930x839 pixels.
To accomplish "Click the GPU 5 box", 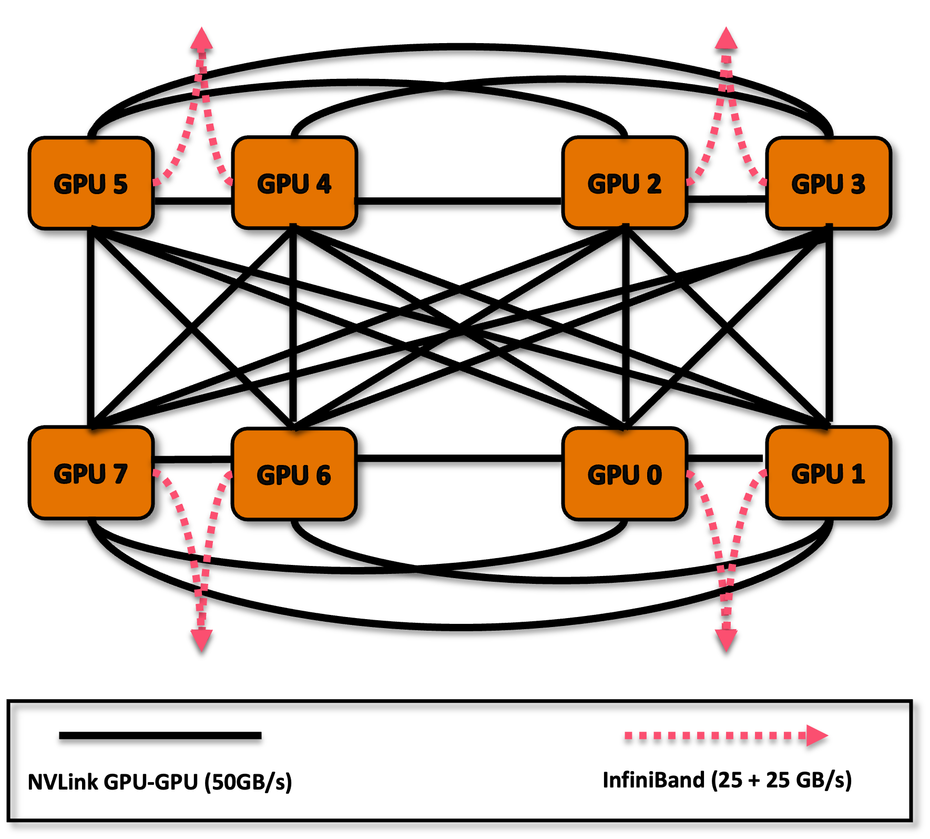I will click(91, 183).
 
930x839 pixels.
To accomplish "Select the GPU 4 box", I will click(294, 183).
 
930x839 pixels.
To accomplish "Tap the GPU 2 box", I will click(625, 183).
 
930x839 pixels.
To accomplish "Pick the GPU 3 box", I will click(829, 183).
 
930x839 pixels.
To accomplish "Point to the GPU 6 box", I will click(294, 474).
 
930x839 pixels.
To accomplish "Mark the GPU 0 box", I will click(625, 474).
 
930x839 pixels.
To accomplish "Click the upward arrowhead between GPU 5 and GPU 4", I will click(201, 38).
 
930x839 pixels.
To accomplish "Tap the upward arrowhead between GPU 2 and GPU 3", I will click(726, 38).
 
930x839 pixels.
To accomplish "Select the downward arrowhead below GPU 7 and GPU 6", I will click(201, 640).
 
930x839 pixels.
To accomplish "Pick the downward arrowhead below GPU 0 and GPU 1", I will click(726, 640).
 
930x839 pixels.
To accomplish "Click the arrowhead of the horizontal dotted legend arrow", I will click(816, 735).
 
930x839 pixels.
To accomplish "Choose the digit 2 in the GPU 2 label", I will click(654, 184).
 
